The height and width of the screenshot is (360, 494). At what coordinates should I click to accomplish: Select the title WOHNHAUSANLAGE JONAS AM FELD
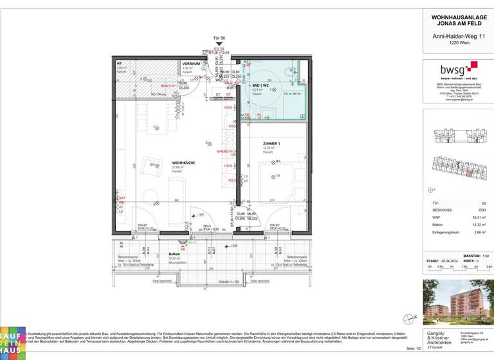[x=457, y=20]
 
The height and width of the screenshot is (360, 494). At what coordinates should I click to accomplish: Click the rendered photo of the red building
[x=457, y=301]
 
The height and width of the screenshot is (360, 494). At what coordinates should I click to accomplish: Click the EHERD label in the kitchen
[x=223, y=151]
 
